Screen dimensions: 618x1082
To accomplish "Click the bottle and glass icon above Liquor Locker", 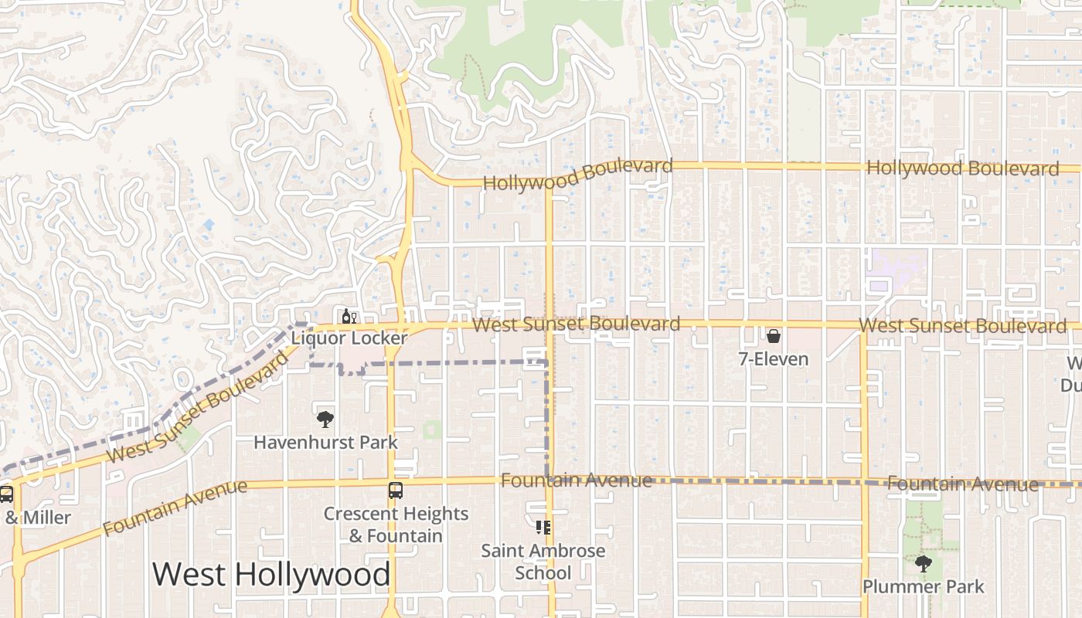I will click(x=349, y=316).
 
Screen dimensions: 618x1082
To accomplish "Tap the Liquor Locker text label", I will click(x=349, y=338).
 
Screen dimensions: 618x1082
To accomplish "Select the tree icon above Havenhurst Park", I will click(x=325, y=419).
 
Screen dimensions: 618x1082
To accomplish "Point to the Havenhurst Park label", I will click(x=325, y=443).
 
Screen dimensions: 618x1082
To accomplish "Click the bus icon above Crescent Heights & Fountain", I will click(x=395, y=491).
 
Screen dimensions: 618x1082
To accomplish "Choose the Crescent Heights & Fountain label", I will click(x=396, y=525).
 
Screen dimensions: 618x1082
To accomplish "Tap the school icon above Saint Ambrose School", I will click(x=543, y=528).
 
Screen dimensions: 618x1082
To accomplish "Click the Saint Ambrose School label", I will click(x=543, y=562).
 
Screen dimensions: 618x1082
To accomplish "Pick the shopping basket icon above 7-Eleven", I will click(x=773, y=336).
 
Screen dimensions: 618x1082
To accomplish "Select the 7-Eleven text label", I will click(x=773, y=359).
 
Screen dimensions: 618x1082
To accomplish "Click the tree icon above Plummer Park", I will click(x=923, y=563).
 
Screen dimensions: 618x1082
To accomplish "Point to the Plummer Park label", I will click(x=923, y=586).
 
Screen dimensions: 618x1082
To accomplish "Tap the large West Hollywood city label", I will click(x=271, y=575).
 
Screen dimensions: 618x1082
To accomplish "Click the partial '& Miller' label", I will click(x=38, y=518).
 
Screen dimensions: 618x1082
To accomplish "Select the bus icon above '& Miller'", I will click(x=6, y=494).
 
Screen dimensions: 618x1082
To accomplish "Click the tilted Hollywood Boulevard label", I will click(x=577, y=175).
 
